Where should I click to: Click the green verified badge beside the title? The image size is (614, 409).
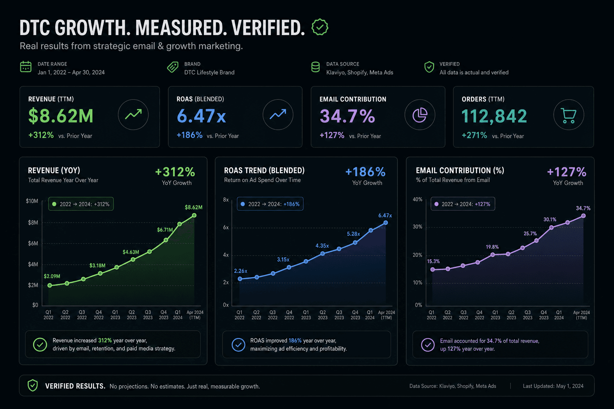[x=320, y=27]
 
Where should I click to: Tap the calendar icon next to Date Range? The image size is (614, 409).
[x=26, y=67]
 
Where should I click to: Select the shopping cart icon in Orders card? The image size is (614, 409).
[x=568, y=115]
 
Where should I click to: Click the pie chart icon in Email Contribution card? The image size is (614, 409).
[x=420, y=115]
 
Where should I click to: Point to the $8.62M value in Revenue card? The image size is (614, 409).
[x=61, y=116]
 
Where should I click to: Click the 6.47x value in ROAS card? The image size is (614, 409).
[x=201, y=116]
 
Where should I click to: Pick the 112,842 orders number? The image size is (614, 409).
[x=494, y=116]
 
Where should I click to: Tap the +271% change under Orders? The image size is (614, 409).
[x=474, y=135]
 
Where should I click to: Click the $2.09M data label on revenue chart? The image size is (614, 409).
[x=52, y=276]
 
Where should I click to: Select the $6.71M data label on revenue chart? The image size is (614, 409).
[x=165, y=230]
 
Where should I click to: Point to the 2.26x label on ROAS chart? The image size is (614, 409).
[x=240, y=271]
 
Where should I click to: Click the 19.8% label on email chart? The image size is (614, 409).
[x=492, y=247]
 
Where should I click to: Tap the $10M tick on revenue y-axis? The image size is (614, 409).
[x=32, y=201]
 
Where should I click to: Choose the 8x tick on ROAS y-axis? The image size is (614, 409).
[x=225, y=200]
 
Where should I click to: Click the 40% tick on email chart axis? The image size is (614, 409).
[x=417, y=199]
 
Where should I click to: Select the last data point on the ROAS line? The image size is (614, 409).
[x=385, y=223]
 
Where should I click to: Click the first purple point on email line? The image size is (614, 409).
[x=433, y=269]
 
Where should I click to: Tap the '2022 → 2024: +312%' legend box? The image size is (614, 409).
[x=81, y=204]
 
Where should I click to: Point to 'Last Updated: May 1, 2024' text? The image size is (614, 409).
[x=553, y=386]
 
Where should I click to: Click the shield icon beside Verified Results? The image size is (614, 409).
[x=33, y=385]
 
